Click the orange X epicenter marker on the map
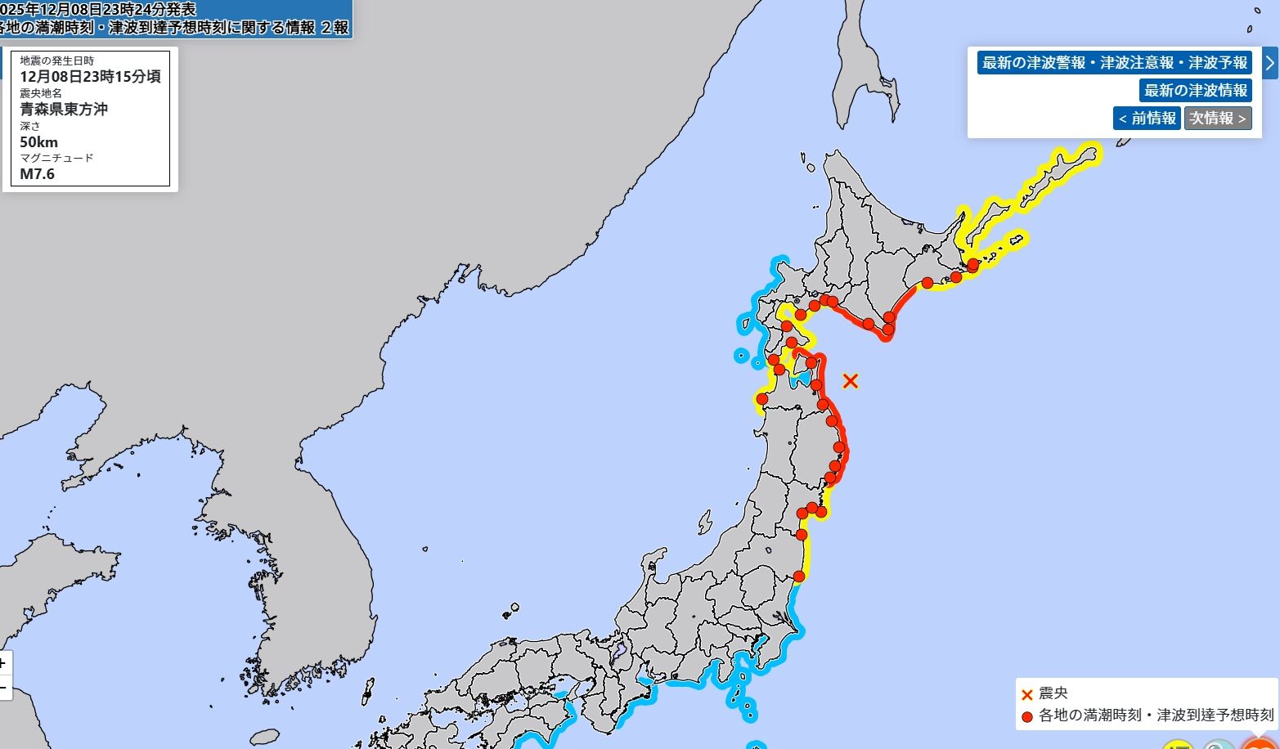pos(851,380)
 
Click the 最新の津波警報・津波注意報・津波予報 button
pos(1115,63)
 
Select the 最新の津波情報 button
pos(1195,90)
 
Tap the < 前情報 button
pos(1146,118)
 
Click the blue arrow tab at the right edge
pos(1269,63)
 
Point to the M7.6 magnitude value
pos(38,174)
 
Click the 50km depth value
pos(39,142)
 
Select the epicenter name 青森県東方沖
pos(64,109)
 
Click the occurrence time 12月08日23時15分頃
pos(90,77)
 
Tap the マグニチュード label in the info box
pos(56,158)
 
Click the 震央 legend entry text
pos(1053,694)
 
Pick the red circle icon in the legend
pos(1027,717)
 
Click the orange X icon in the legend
pos(1027,695)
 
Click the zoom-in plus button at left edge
pos(4,663)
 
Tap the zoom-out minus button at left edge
pos(4,688)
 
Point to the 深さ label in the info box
pos(30,127)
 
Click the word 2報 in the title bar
pos(334,27)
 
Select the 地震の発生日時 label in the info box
pos(56,61)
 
